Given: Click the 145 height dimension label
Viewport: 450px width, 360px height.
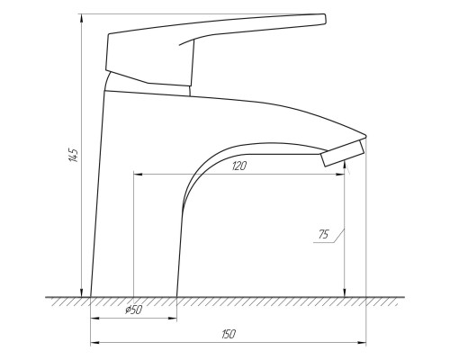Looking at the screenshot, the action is point(74,155).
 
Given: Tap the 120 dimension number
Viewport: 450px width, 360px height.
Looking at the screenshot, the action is point(239,166).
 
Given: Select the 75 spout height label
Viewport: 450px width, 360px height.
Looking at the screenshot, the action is point(324,234).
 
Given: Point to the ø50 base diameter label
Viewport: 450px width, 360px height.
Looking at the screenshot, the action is point(133,310).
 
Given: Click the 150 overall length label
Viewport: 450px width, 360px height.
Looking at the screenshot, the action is point(229,334).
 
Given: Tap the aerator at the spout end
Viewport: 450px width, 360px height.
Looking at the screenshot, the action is point(342,153).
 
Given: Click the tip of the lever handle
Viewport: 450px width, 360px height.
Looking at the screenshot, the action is point(325,18).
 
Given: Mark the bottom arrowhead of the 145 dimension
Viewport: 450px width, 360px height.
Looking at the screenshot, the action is point(81,292).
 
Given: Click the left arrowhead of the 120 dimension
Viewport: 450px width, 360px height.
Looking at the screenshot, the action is point(139,174).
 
